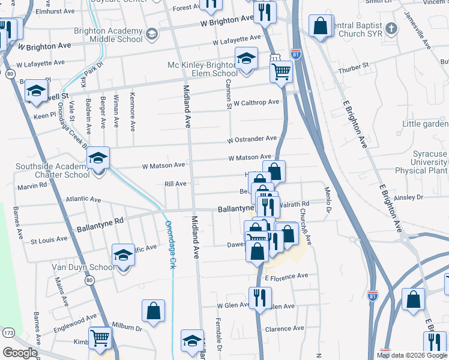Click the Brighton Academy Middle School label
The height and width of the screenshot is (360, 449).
(x=109, y=35)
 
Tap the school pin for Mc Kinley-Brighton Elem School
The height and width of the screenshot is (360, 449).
(x=246, y=59)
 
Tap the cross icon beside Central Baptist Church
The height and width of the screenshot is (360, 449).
(x=391, y=28)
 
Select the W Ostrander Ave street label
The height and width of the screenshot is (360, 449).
(x=252, y=140)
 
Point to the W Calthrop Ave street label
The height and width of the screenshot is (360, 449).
(x=256, y=103)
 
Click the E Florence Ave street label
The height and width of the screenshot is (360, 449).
(x=286, y=276)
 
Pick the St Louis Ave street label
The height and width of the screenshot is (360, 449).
(x=49, y=240)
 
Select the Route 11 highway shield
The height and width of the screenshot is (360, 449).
(x=275, y=58)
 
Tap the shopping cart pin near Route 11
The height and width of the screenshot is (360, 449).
(x=282, y=72)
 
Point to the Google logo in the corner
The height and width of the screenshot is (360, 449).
(x=20, y=353)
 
